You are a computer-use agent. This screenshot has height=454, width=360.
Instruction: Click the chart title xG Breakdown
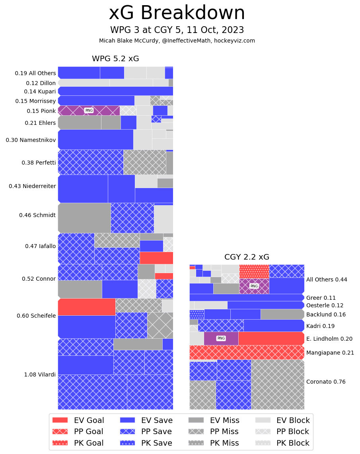pos(177,13)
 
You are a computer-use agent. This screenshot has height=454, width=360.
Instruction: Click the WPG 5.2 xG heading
pos(115,59)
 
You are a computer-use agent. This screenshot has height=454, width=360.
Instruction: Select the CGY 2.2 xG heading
pos(247,257)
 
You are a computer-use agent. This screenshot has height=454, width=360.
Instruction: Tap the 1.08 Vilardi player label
pos(40,374)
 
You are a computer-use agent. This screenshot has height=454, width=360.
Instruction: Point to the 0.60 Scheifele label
pos(36,316)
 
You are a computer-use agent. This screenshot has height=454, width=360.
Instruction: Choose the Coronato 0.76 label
pos(326,382)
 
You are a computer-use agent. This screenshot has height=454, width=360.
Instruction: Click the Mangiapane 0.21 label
pos(330,353)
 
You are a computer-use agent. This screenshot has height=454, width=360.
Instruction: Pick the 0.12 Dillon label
pos(41,83)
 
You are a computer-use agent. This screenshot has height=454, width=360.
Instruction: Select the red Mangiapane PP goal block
pos(247,352)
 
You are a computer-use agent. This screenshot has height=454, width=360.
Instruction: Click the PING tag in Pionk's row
pos(89,111)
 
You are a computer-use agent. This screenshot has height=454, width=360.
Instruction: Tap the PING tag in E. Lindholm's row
pos(221,338)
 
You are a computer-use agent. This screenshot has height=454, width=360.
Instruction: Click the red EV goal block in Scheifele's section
pos(86,307)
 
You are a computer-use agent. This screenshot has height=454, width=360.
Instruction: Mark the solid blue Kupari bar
pos(115,91)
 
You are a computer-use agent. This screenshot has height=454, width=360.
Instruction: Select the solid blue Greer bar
pos(247,297)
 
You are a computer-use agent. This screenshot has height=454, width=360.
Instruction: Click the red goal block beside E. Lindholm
pos(271,338)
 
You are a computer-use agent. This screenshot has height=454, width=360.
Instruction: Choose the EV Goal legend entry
pos(78,420)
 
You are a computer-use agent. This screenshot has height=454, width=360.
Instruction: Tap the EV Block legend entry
pos(282,420)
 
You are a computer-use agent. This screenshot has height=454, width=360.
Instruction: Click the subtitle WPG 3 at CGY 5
pos(177,30)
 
